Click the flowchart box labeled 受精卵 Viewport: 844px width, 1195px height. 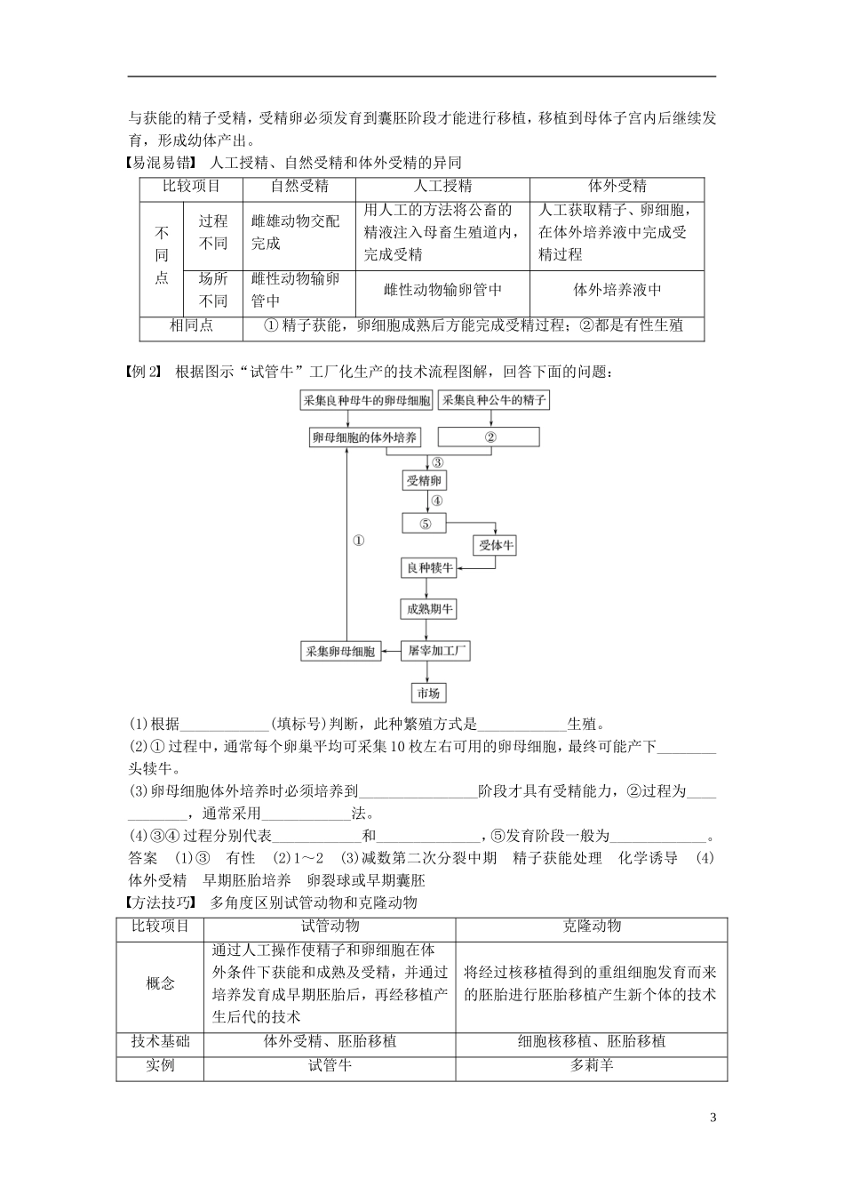pos(425,481)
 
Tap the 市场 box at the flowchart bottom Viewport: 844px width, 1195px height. pos(427,694)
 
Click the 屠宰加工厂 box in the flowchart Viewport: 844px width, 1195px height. pos(435,651)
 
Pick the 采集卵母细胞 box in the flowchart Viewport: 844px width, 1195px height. pos(340,652)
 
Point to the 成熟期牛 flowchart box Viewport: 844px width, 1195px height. pos(430,609)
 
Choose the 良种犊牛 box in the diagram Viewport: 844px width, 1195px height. pos(429,567)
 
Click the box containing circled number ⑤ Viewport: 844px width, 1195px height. pos(426,524)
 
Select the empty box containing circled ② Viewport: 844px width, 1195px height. pos(490,437)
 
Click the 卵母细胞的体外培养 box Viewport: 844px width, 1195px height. pos(364,437)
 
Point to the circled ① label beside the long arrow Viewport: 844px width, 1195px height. pos(359,541)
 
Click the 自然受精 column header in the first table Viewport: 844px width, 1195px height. pos(299,187)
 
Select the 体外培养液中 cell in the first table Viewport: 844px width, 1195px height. pos(617,290)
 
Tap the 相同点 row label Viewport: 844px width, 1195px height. pos(191,325)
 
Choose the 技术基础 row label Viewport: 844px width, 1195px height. pos(160,1041)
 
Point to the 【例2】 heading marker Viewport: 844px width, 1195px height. pos(142,372)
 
